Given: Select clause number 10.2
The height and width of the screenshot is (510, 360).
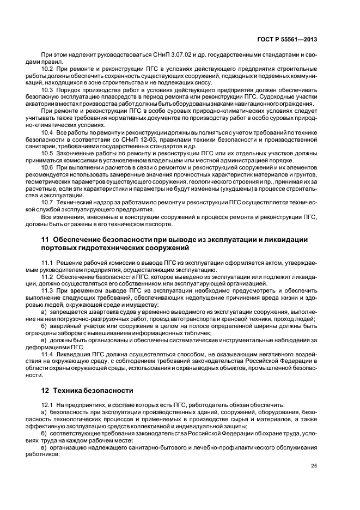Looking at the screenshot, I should (47, 68).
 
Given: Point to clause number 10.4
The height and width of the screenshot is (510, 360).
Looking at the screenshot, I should (47, 132).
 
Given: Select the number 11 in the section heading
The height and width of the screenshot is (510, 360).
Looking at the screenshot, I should (45, 239).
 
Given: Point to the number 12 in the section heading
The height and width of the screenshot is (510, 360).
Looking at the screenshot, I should (46, 390).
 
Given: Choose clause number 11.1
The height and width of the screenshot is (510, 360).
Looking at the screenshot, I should (47, 263).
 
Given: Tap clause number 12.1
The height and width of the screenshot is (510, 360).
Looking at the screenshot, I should (47, 405).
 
